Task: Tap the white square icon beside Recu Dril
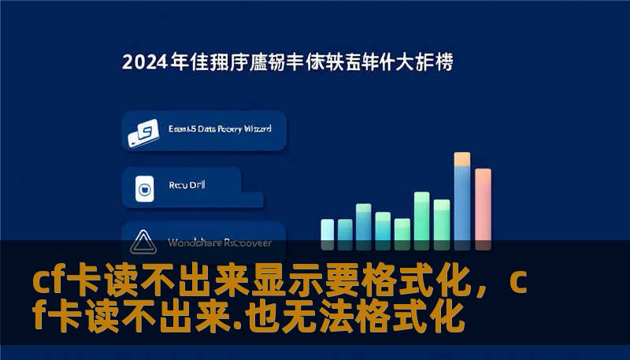[144, 187]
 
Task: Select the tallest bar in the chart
[462, 197]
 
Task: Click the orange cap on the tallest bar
[462, 159]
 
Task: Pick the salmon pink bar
[483, 205]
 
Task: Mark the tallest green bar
[422, 216]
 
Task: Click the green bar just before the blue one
[442, 220]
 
